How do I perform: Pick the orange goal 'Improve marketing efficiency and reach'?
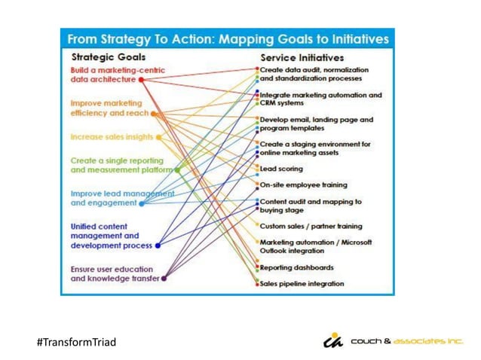109,108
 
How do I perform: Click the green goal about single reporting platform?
121,165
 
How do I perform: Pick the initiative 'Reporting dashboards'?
296,267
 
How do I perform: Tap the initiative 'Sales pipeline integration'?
302,283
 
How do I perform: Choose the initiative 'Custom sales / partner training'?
311,226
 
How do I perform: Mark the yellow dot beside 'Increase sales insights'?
158,137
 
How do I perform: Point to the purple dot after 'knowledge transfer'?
164,278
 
